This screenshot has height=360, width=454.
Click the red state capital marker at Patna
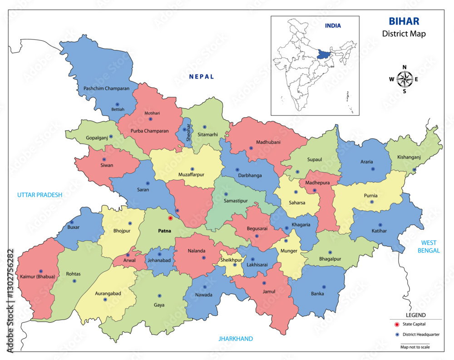[170, 218]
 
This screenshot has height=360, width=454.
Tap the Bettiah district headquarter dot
[117, 104]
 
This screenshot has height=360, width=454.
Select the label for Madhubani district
[268, 142]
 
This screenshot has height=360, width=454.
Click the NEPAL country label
[202, 77]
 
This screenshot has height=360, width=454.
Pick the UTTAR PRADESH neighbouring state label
[39, 195]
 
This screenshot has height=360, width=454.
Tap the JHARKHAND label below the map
[236, 339]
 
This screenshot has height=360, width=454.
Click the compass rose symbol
[404, 79]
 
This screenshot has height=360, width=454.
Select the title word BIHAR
[404, 21]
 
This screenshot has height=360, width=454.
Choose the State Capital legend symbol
[396, 324]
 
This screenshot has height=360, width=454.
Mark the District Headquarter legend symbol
[396, 335]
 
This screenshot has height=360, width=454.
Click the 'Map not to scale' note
[415, 347]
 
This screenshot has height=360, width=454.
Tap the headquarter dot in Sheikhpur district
[235, 265]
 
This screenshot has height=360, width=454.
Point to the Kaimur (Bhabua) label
[37, 276]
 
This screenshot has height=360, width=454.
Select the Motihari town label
[153, 113]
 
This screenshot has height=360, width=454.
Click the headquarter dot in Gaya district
[159, 296]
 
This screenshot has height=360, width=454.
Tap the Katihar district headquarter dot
[380, 225]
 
